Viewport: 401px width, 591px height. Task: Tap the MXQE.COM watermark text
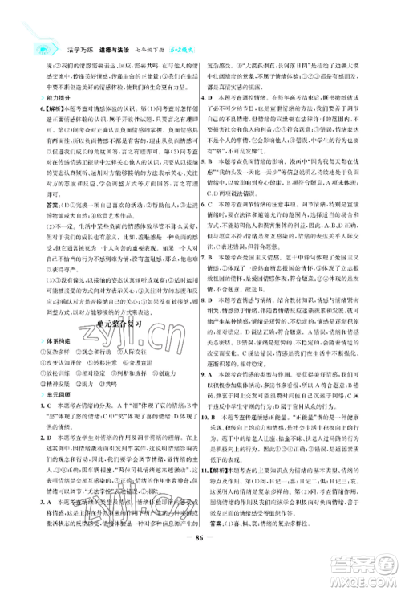(x=368, y=581)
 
